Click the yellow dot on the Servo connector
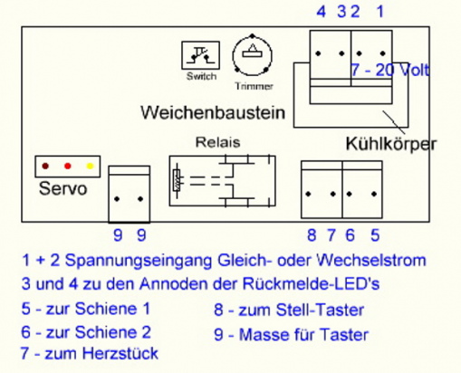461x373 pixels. click(x=90, y=166)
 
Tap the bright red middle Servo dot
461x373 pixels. click(x=68, y=166)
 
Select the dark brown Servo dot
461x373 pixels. click(x=45, y=166)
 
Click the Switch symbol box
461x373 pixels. click(x=200, y=55)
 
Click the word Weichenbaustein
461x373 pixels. click(x=213, y=112)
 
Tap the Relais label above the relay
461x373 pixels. click(x=218, y=142)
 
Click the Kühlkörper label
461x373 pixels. click(x=391, y=144)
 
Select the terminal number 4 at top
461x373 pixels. click(x=322, y=12)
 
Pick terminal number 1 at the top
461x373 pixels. click(x=380, y=12)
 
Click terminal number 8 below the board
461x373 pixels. click(x=312, y=234)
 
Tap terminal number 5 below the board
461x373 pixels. click(x=375, y=234)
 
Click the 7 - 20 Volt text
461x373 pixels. click(x=389, y=70)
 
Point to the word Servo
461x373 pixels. click(x=63, y=188)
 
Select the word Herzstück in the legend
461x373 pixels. click(x=120, y=353)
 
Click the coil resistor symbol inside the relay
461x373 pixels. click(x=177, y=181)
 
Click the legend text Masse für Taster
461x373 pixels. click(x=303, y=335)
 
